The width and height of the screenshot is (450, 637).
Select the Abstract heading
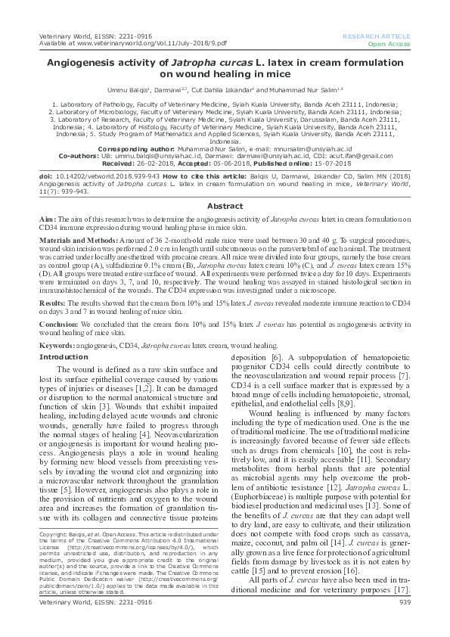coord(225,206)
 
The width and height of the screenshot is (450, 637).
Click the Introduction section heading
coord(64,356)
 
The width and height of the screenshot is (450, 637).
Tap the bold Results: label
coord(54,301)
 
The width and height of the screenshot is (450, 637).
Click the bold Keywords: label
coord(57,344)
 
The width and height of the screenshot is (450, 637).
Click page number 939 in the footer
coord(404,623)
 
